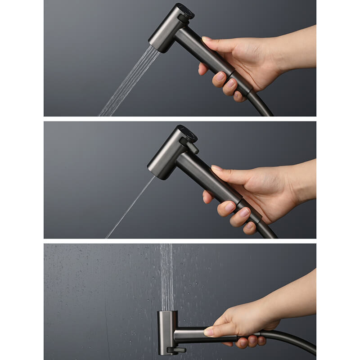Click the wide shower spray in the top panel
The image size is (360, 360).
128,83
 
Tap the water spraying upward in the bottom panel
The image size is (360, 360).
166,274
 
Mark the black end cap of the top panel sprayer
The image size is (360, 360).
185,10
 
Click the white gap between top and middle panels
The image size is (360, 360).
180,119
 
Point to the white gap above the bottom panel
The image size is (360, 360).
180,241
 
